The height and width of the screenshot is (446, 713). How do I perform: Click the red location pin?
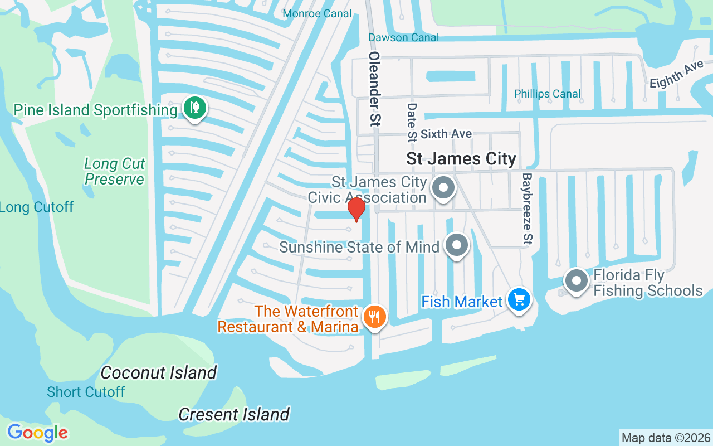pos(356,209)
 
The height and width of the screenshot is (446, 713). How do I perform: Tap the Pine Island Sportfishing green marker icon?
pos(194,108)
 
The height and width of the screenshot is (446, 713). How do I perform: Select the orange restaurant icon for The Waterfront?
pos(374,317)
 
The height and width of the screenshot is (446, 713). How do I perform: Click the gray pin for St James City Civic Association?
pos(444,187)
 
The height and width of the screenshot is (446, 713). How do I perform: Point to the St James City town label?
pos(461,159)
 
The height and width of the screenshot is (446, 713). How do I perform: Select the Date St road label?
pos(412,122)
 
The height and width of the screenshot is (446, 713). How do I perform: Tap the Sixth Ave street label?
pos(446,134)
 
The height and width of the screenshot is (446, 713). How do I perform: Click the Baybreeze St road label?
pos(527,208)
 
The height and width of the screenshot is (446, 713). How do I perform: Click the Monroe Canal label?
pos(317,13)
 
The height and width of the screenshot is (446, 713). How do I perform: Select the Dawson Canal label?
pos(404,37)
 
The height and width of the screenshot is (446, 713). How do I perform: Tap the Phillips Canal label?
pos(547,94)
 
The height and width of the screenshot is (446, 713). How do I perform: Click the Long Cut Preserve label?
pos(115,171)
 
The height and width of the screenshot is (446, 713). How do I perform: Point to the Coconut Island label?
pos(159,372)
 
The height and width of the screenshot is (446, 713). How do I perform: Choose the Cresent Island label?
pos(234,414)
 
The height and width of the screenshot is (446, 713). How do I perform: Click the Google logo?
pos(37,433)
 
